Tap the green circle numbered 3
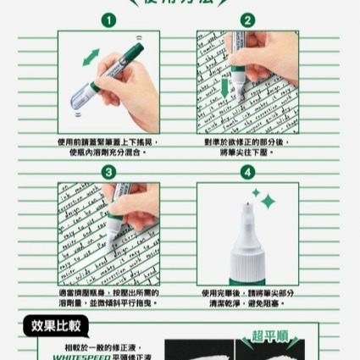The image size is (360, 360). click(108, 172)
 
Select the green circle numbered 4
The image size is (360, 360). click(247, 172)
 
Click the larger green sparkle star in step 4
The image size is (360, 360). click(269, 202)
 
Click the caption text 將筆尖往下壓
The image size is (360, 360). click(247, 152)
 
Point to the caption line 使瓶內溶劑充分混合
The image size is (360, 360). click(108, 152)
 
